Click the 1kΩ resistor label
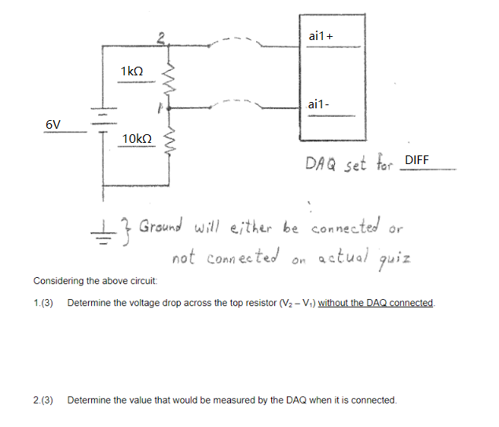132,71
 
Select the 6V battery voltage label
53,124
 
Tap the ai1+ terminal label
321,36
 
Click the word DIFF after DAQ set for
416,160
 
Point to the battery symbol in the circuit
101,122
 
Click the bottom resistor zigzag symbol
167,141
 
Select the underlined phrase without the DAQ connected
376,303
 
